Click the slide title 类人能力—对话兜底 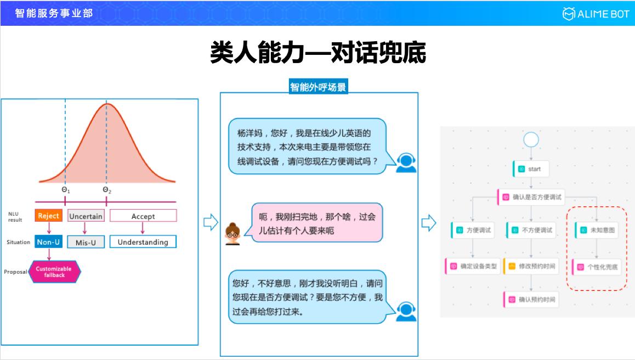[318, 54]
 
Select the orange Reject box [48, 216]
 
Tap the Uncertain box [86, 216]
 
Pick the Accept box [143, 216]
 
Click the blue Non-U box [48, 242]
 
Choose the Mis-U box [86, 243]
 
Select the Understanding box [143, 242]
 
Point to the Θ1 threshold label [65, 190]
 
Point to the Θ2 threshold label [107, 190]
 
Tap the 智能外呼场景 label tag [319, 87]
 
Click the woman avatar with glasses [233, 233]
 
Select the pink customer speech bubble [317, 224]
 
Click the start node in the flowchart [531, 169]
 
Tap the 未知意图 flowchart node [597, 230]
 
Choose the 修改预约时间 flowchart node [531, 267]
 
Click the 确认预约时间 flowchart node [531, 300]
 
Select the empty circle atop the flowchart [531, 139]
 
